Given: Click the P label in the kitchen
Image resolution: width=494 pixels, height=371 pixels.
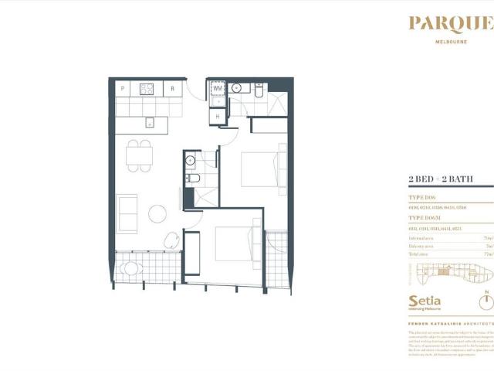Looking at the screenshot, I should [x=123, y=89].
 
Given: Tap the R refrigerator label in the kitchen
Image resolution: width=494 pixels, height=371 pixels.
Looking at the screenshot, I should [x=172, y=89].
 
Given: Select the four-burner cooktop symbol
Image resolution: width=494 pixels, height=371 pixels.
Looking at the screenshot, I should [x=147, y=89].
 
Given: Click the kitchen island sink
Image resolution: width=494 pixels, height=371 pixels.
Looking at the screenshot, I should [x=149, y=121].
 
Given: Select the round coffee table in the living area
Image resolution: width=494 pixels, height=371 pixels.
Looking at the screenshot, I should [x=157, y=213].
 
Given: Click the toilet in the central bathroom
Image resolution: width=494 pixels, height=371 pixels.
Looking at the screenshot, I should [x=195, y=179].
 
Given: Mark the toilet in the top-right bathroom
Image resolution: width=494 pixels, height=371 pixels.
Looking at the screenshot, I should [x=259, y=94].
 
